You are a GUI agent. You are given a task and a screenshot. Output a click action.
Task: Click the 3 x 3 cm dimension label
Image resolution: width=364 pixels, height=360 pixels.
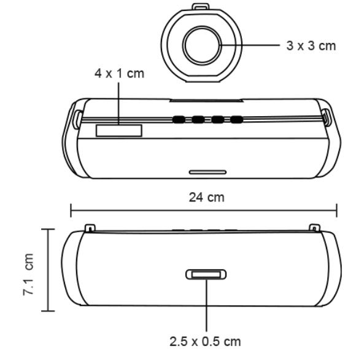pos(311,47)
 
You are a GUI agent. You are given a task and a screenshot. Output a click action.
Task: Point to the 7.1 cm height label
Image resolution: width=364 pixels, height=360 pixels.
pos(29,271)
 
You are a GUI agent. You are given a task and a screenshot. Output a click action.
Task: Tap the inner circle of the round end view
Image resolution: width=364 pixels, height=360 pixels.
pos(201,45)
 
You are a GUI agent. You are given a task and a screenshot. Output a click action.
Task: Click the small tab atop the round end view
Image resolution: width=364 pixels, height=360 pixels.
pos(201,7)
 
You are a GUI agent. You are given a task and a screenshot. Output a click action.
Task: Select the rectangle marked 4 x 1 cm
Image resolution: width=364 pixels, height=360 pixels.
pos(118,130)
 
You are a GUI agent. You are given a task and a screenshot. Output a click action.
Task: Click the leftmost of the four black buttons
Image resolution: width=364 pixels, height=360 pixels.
pos(179,119)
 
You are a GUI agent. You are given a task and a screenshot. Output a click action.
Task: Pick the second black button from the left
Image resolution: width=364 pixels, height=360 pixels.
pos(198,119)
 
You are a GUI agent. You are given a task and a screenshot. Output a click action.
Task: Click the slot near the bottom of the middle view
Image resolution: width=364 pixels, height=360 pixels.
pos(207,171)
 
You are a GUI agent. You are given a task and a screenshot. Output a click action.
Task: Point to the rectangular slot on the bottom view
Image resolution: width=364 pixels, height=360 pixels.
pos(207,274)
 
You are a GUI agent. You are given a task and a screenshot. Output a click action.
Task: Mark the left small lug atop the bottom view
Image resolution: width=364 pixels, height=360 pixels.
pos(91,228)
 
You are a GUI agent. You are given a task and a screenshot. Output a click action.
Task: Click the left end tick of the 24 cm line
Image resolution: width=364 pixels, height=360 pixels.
pos(71,211)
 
